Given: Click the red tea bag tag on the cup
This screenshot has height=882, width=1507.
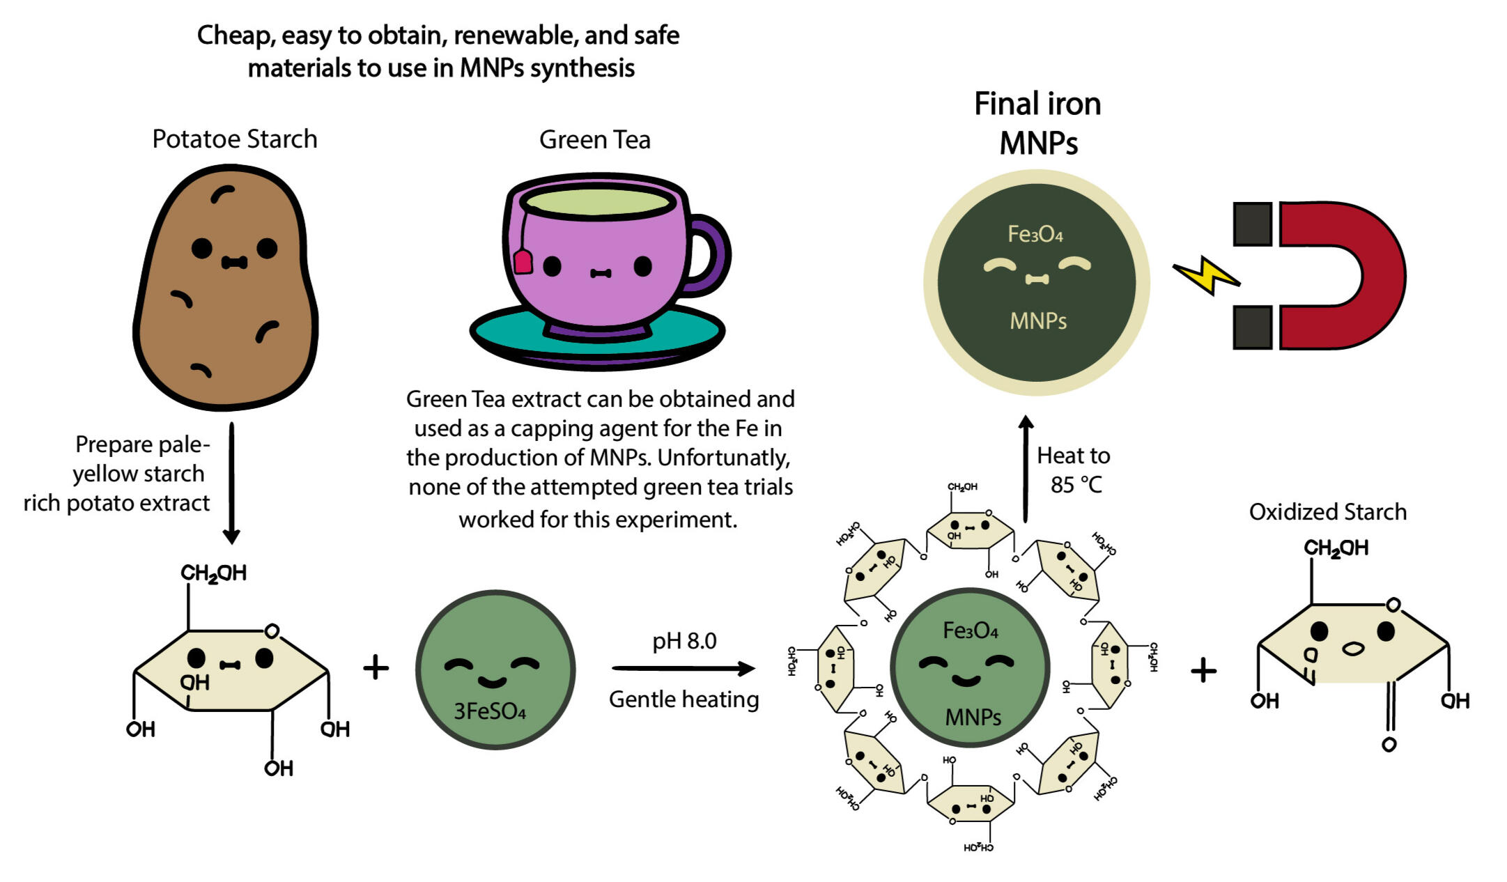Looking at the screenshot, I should click(x=523, y=263).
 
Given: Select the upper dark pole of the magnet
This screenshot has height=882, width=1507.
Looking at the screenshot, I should click(x=1252, y=224).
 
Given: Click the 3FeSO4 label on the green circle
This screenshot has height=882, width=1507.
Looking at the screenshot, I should click(x=489, y=711).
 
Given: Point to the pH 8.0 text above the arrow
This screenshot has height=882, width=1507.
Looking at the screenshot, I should click(x=684, y=641).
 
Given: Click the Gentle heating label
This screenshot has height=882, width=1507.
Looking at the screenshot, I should click(x=683, y=699).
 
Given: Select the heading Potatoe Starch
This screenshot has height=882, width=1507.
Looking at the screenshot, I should click(x=235, y=139).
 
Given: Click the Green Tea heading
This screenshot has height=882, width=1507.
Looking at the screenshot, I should click(x=594, y=140).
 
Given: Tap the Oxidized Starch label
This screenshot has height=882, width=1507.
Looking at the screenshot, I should click(x=1327, y=512).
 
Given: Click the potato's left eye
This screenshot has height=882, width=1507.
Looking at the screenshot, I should click(x=201, y=247).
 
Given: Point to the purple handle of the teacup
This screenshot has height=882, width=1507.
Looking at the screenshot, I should click(x=713, y=254).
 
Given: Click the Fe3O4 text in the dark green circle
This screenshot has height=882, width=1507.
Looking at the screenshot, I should click(x=1035, y=234).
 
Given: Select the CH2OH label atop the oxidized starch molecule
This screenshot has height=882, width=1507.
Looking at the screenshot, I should click(x=1335, y=548).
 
